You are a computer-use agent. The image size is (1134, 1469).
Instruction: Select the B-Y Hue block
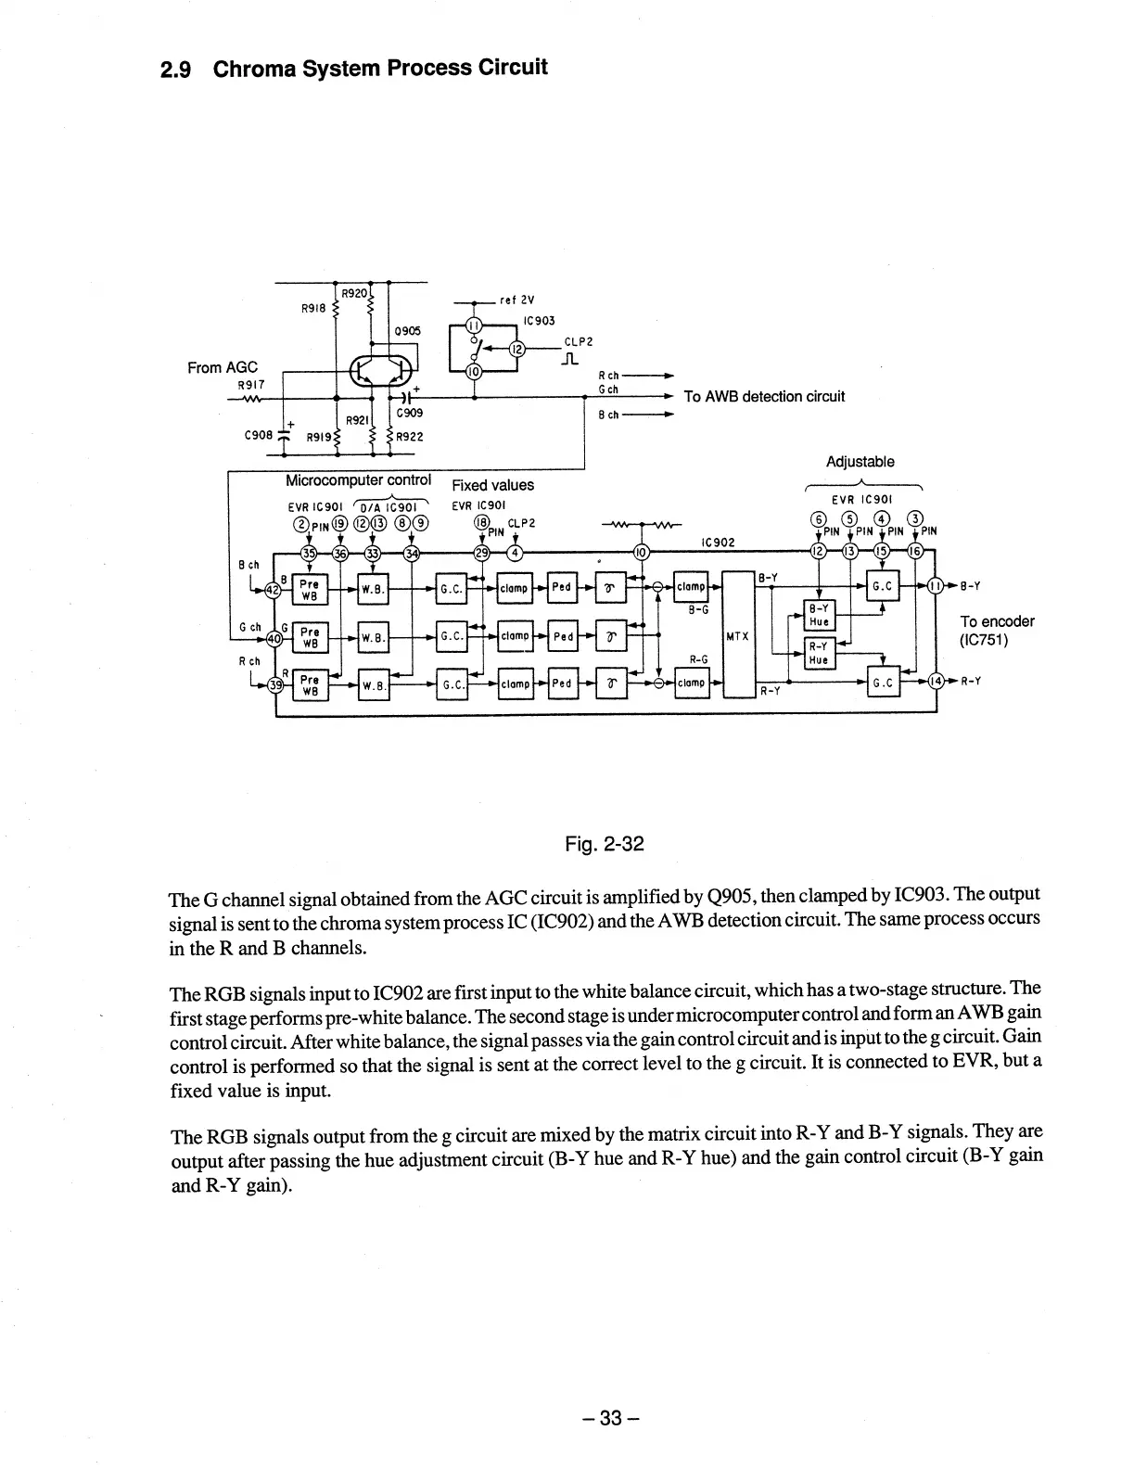[819, 615]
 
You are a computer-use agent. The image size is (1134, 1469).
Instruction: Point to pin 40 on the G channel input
[274, 638]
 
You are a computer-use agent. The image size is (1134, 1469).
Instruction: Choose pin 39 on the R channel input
[274, 685]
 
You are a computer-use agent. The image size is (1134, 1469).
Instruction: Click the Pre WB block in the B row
[310, 590]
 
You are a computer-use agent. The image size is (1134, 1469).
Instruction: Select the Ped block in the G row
[563, 637]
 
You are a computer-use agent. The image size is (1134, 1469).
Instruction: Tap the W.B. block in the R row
[373, 685]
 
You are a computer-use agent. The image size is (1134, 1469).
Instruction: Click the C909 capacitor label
[409, 413]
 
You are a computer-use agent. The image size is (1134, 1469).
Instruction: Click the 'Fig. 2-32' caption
[604, 844]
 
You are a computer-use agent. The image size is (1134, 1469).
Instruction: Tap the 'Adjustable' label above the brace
[860, 462]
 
